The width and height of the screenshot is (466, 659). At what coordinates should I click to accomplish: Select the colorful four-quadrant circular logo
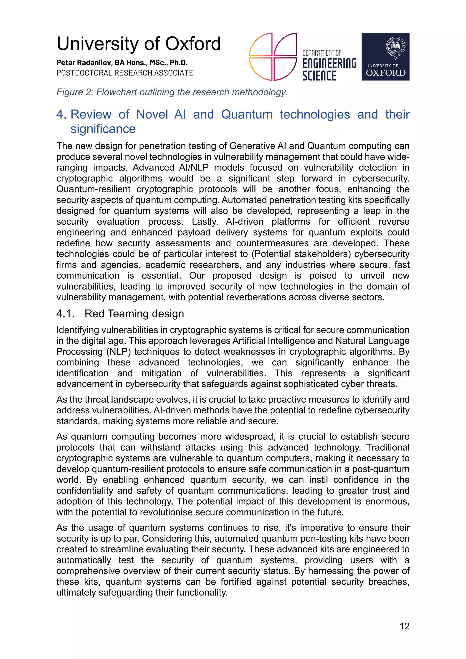(273, 57)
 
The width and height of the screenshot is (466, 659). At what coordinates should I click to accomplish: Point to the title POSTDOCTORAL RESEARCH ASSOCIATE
(125, 73)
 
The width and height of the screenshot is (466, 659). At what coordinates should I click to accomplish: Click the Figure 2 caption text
(172, 92)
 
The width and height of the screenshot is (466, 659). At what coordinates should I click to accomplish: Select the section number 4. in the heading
(61, 114)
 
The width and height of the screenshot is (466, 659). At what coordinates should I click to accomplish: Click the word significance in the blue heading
(103, 129)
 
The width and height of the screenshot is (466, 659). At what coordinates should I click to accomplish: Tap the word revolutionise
(190, 512)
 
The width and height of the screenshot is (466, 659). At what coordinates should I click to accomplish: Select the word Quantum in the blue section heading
(247, 114)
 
